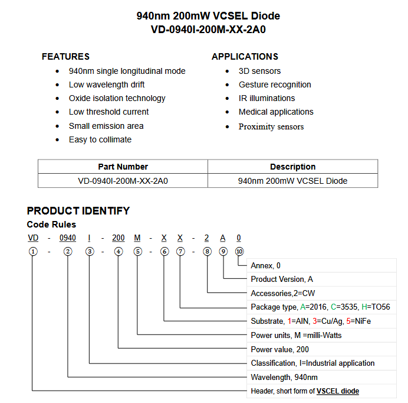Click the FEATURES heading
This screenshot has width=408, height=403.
tap(65, 57)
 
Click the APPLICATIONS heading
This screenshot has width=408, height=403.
tap(245, 57)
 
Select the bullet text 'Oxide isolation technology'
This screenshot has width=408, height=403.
tap(117, 98)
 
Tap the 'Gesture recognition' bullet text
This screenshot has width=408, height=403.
tap(275, 84)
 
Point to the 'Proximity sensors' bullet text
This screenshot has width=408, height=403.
tap(271, 126)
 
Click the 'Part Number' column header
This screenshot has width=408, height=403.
tap(123, 167)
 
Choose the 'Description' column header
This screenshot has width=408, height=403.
tap(292, 167)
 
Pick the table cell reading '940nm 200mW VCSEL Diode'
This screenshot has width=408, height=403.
tap(292, 181)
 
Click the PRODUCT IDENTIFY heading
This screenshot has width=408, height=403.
tap(78, 211)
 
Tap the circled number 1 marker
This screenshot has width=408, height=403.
tap(33, 251)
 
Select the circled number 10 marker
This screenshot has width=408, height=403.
tap(239, 251)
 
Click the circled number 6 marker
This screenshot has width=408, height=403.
tap(164, 251)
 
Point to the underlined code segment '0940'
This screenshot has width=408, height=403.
tap(68, 238)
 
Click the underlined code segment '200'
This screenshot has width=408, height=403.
tap(119, 238)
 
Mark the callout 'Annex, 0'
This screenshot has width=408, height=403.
tap(265, 266)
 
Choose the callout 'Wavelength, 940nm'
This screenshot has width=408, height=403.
tap(284, 377)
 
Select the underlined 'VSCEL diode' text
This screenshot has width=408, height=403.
tap(338, 391)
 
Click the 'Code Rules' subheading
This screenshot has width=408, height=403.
tap(51, 225)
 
